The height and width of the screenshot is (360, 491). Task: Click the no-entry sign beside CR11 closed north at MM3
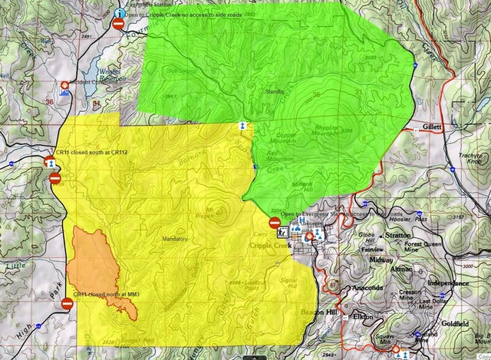(67, 305)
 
